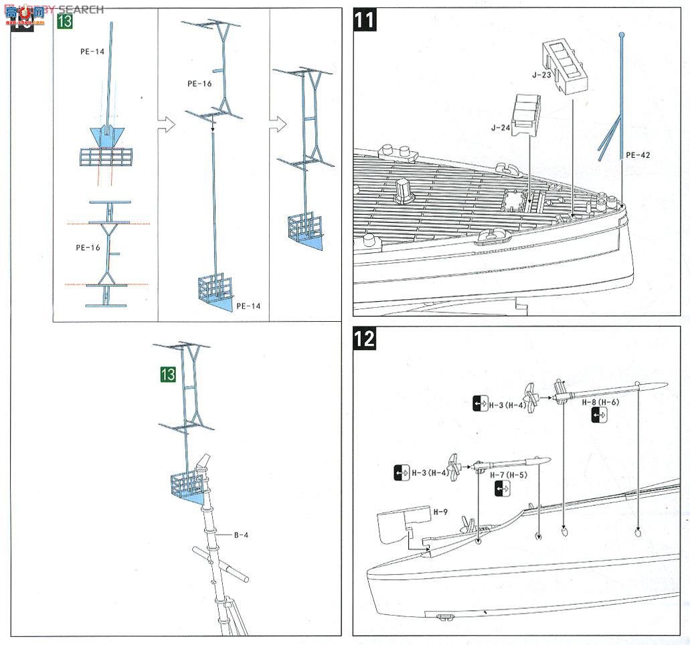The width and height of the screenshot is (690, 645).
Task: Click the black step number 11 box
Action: (365, 19)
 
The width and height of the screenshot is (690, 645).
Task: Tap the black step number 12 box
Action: (365, 339)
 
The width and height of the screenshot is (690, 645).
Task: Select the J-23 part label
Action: (541, 75)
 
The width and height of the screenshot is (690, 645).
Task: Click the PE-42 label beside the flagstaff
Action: (638, 155)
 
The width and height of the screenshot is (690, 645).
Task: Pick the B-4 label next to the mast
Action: (241, 535)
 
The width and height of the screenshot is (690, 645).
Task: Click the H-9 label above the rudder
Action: (440, 512)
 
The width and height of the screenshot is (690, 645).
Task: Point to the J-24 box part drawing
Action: (526, 114)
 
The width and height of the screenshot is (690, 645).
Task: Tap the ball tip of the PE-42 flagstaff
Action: (622, 34)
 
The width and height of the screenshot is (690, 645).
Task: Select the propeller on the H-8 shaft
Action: (531, 397)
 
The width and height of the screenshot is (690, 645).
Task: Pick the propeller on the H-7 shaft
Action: (455, 467)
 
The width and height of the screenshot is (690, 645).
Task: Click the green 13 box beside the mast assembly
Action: (167, 374)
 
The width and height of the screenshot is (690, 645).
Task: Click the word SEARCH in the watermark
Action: (80, 9)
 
